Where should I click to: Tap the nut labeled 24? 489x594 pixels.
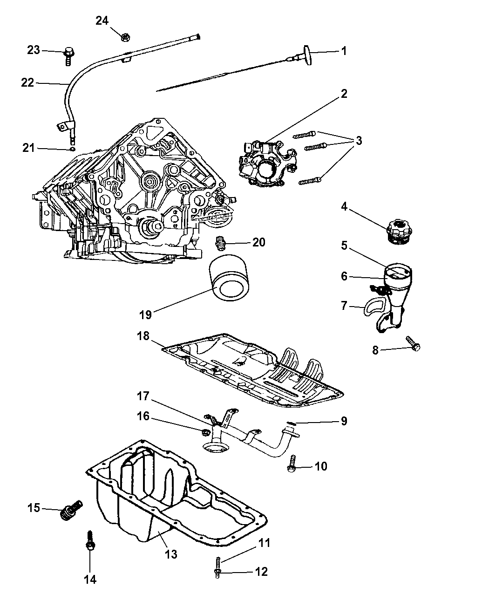coord(125,37)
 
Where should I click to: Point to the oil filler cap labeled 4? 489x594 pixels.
coord(400,230)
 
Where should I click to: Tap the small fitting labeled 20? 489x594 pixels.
coord(220,243)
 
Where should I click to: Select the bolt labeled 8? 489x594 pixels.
coord(413,344)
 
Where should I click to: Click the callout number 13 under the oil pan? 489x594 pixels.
coord(171,554)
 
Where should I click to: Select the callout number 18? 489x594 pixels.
coord(143,335)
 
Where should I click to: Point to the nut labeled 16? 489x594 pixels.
coord(205,433)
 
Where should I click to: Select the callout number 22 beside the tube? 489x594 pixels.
coord(27,82)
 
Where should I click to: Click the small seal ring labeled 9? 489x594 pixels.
coord(291,423)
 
